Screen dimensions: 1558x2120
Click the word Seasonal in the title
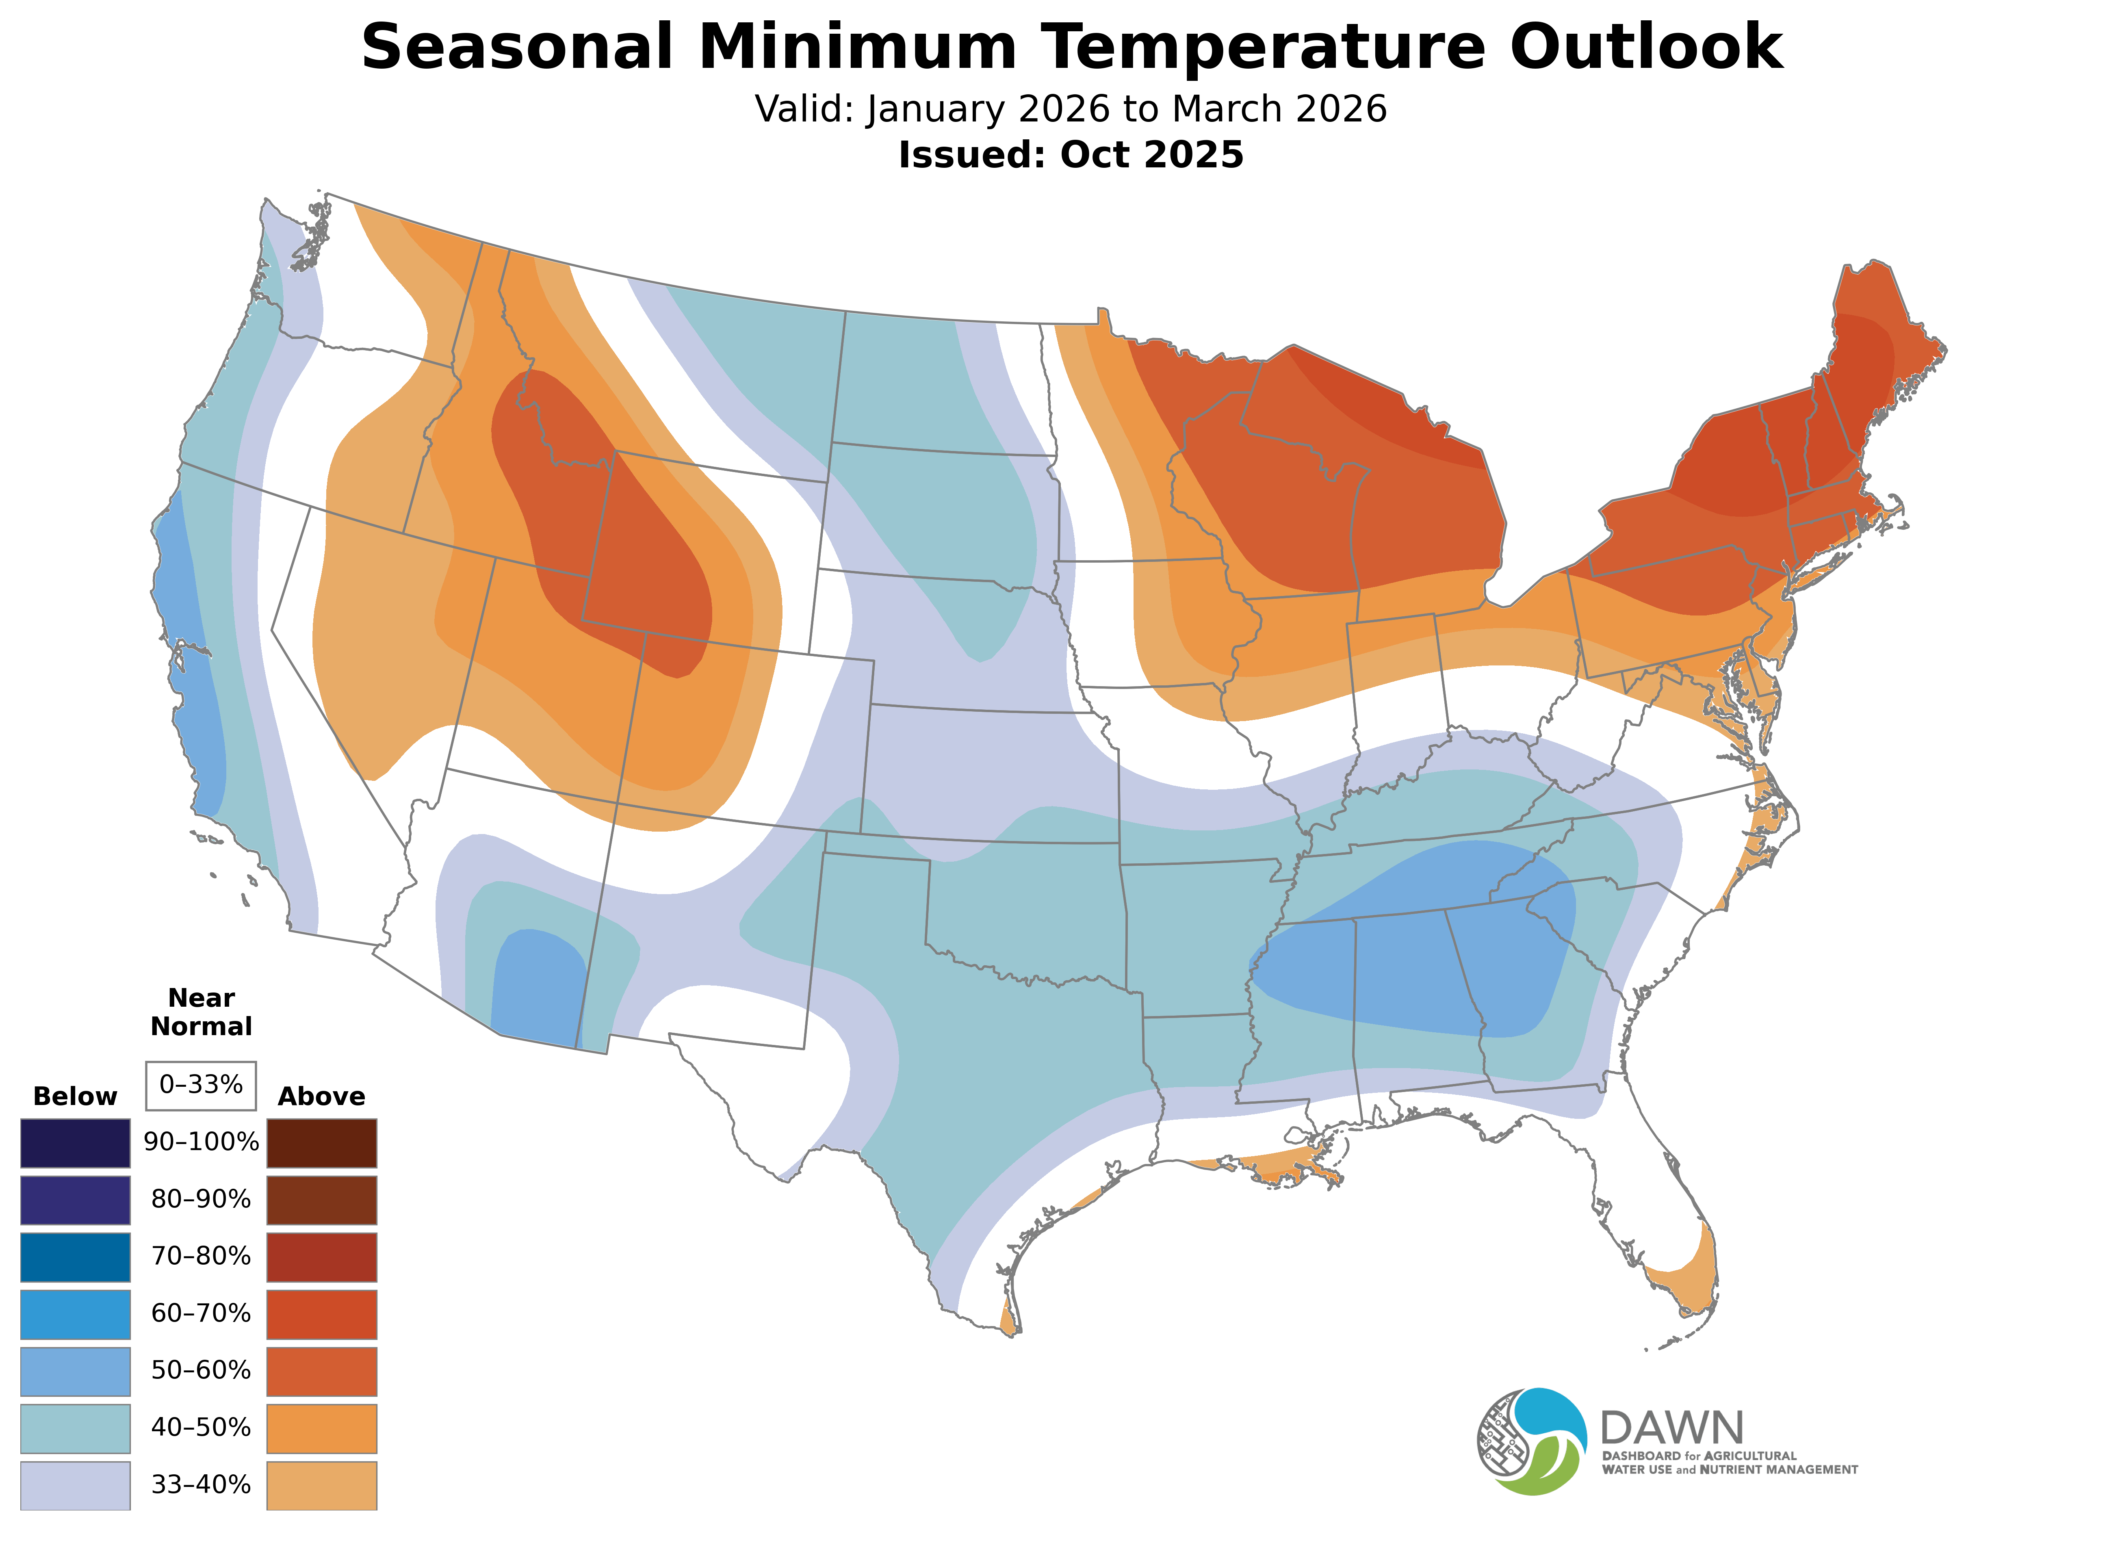point(517,47)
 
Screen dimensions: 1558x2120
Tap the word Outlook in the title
point(1645,47)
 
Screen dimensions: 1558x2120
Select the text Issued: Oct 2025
point(1071,156)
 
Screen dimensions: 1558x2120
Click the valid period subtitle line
point(1071,109)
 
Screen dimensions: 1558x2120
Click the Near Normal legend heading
point(201,1012)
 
